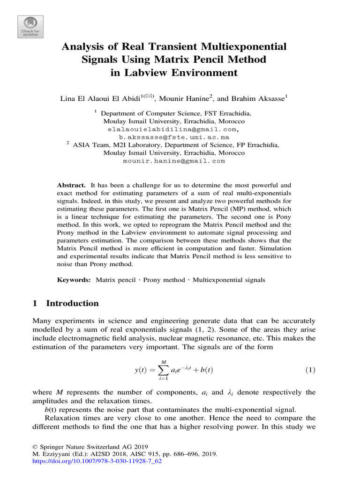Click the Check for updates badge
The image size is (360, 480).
click(30, 27)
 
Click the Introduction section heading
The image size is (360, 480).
click(72, 303)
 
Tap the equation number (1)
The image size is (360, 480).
click(310, 370)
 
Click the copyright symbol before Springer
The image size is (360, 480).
click(35, 447)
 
